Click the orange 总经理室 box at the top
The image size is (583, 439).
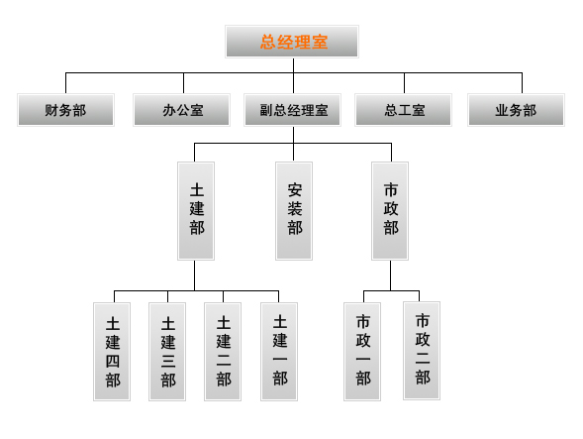coord(292,42)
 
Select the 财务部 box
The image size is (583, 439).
coord(65,110)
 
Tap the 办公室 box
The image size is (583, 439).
coord(182,110)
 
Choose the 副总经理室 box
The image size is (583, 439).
coord(293,110)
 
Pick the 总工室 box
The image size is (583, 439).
coord(404,110)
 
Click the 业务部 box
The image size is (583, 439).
coord(516,110)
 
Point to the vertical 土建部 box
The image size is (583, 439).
coord(196,211)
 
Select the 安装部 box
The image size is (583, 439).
coord(294,211)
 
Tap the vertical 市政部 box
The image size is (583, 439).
coord(390,211)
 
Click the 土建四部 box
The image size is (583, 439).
coord(112,352)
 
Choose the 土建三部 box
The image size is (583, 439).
coord(167,352)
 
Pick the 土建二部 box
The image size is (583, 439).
coord(223,352)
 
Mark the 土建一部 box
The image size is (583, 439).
coord(279,352)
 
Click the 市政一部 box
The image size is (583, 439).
coord(362,352)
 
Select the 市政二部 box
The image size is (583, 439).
coord(422,351)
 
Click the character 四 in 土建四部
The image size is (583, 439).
coord(113,361)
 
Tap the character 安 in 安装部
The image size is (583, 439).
coord(295,190)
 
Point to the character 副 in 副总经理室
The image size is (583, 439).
coord(266,110)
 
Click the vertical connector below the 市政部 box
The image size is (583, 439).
coord(390,275)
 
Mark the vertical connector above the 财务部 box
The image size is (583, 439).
coord(65,83)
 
